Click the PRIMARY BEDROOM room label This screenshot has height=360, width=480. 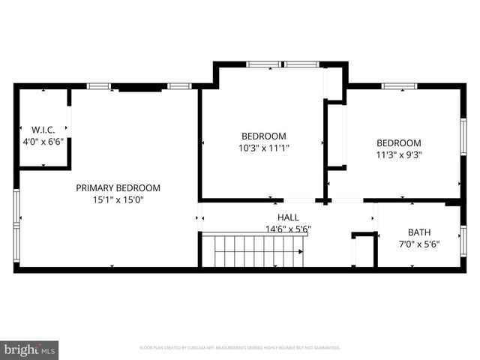pyautogui.click(x=118, y=187)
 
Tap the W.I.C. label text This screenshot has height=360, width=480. pyautogui.click(x=43, y=128)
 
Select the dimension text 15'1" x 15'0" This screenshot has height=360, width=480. pyautogui.click(x=118, y=200)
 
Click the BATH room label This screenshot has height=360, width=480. pyautogui.click(x=418, y=232)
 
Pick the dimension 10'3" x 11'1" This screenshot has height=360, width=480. pyautogui.click(x=263, y=148)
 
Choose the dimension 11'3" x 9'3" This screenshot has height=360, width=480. pyautogui.click(x=398, y=155)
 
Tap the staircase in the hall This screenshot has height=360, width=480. pyautogui.click(x=255, y=250)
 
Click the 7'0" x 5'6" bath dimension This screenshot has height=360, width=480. pyautogui.click(x=418, y=244)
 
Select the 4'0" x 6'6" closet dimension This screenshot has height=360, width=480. pyautogui.click(x=43, y=141)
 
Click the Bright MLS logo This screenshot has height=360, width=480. pyautogui.click(x=30, y=349)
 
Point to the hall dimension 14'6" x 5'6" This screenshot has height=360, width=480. pyautogui.click(x=288, y=229)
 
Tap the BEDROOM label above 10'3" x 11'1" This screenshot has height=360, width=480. pyautogui.click(x=263, y=136)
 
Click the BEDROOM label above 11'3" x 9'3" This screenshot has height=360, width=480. pyautogui.click(x=398, y=142)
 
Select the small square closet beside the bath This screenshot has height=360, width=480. pyautogui.click(x=364, y=251)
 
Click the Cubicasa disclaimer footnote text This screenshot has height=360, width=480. pyautogui.click(x=240, y=348)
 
